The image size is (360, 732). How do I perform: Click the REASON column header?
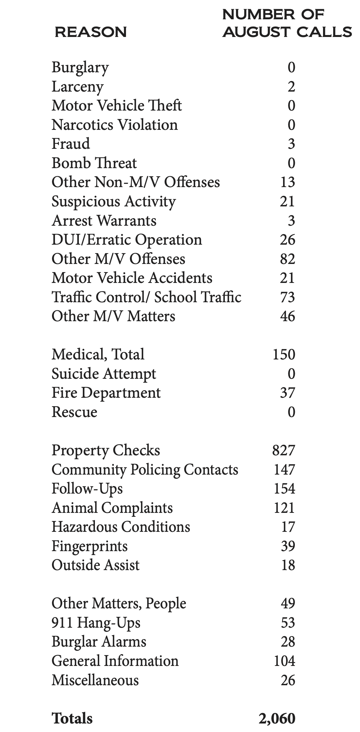91,32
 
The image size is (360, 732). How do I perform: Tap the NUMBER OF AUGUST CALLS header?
287,23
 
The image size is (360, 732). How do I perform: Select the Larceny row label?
78,87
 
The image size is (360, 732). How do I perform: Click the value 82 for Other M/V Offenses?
288,259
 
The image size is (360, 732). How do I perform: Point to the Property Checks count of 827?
284,450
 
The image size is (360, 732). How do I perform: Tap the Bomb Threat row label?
94,163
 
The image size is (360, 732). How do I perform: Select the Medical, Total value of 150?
284,355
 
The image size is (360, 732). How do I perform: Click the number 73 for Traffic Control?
288,297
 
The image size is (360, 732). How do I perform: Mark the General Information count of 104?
284,661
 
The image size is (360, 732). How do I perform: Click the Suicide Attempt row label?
104,374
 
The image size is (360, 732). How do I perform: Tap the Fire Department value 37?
288,393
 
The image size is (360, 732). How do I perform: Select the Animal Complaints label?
112,508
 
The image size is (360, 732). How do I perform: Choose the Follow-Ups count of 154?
284,489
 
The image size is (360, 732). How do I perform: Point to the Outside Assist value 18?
288,565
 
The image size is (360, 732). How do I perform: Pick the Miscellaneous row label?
95,680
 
